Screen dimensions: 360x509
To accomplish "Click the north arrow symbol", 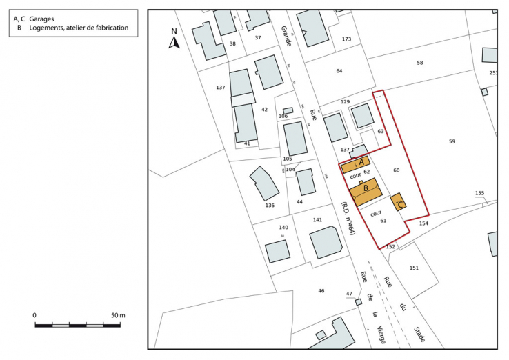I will (174, 41).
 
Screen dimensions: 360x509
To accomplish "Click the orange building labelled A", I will (355, 166).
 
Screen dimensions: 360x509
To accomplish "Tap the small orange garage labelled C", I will (399, 202).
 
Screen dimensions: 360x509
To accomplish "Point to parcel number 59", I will (452, 141).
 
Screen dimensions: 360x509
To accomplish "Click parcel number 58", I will (419, 63).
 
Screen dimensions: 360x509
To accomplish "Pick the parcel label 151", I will (414, 268).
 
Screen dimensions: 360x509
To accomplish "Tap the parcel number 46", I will (321, 291).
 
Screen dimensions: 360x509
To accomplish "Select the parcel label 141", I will (317, 219).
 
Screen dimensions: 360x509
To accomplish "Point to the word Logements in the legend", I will (46, 28).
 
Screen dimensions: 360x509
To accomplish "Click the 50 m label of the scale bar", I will (118, 314).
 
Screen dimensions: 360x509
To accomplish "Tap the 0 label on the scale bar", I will (34, 314).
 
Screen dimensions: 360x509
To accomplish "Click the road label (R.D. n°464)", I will (347, 219).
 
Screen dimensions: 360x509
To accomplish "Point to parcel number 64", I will (339, 71).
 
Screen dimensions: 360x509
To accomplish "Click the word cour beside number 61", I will (376, 213).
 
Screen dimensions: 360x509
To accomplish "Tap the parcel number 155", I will (480, 193).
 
